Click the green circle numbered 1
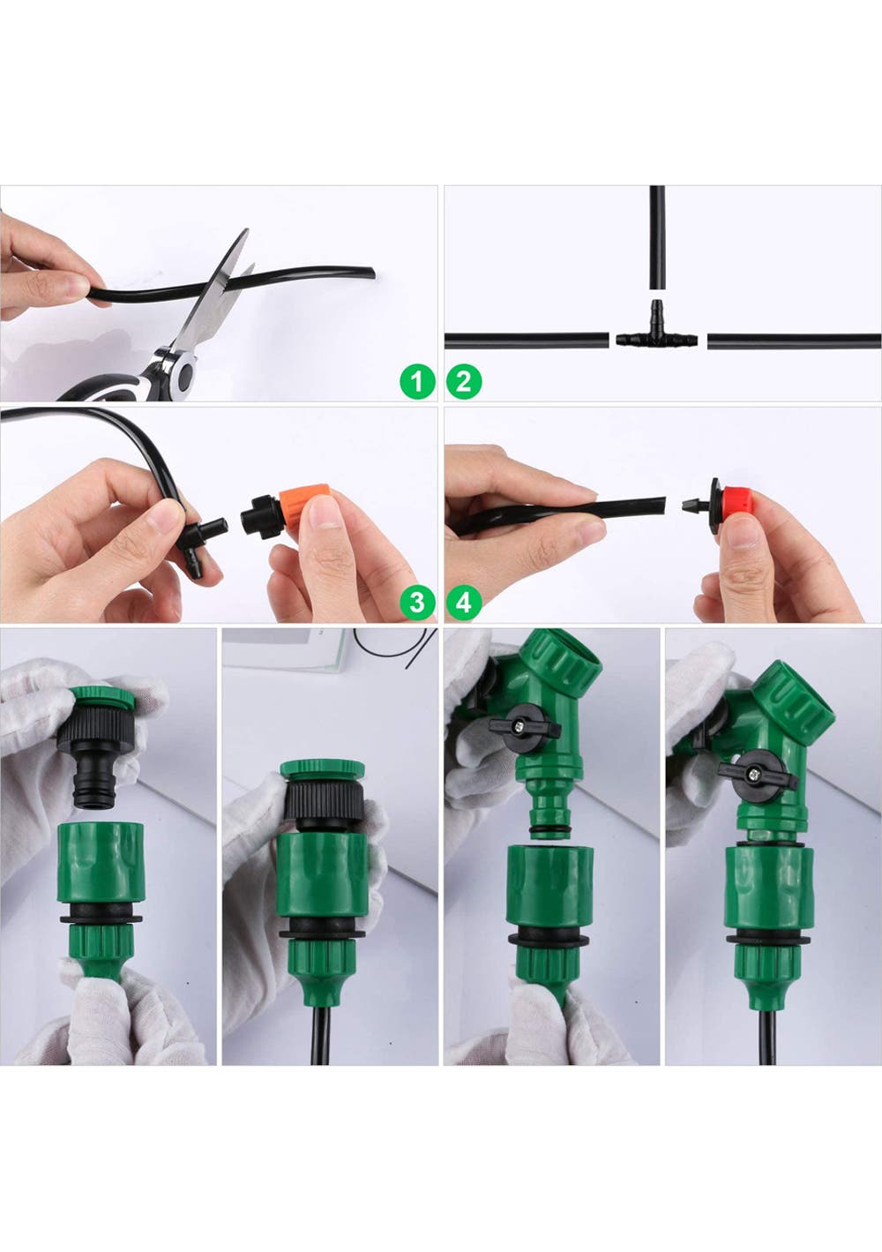point(418,382)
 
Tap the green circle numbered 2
point(464,382)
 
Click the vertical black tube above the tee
point(657,237)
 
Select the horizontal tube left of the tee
point(527,340)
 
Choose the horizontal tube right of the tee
point(795,341)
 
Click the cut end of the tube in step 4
point(662,507)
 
